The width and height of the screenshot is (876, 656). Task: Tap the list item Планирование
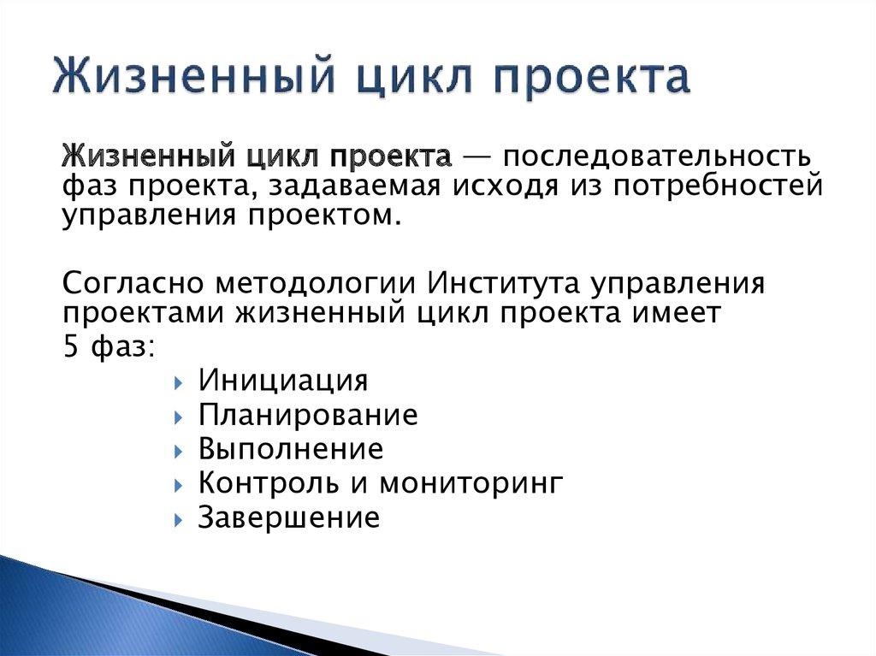click(x=308, y=415)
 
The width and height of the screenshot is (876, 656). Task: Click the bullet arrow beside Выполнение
click(x=176, y=451)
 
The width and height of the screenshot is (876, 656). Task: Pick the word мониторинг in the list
click(x=471, y=484)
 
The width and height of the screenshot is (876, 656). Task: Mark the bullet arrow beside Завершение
click(x=176, y=519)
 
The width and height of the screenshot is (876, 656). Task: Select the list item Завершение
click(x=288, y=517)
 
